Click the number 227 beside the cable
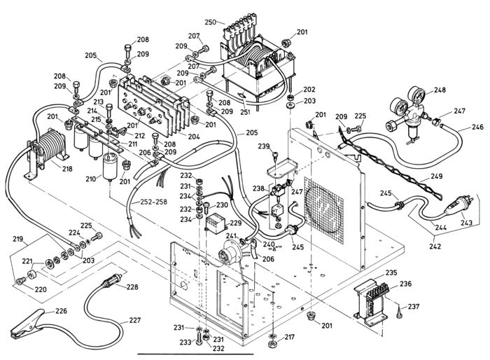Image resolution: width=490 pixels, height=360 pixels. click(134, 320)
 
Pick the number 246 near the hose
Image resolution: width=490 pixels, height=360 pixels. click(477, 127)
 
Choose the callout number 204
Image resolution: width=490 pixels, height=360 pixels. click(194, 137)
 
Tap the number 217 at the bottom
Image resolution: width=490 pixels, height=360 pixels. click(289, 338)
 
